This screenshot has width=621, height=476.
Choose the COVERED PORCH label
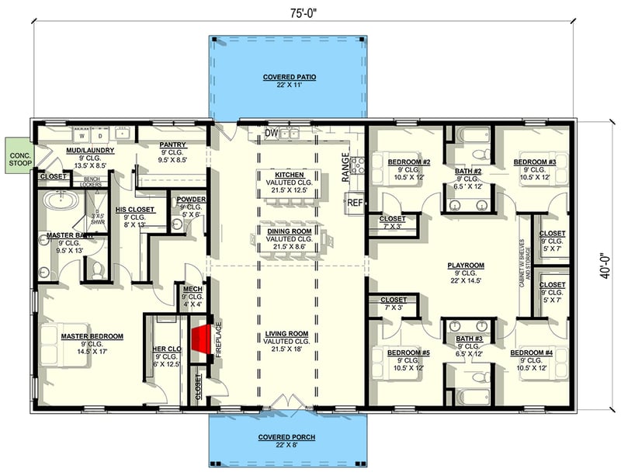287,437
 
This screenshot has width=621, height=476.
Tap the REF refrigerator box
356,202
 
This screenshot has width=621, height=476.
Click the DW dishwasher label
271,134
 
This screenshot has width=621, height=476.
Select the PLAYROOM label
466,266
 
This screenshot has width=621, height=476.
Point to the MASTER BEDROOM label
92,336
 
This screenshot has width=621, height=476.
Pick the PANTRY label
171,144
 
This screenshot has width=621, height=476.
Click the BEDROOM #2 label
408,162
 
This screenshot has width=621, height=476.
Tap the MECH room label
192,289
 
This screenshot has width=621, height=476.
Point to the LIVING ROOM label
288,334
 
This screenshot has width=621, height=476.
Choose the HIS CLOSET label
130,210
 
